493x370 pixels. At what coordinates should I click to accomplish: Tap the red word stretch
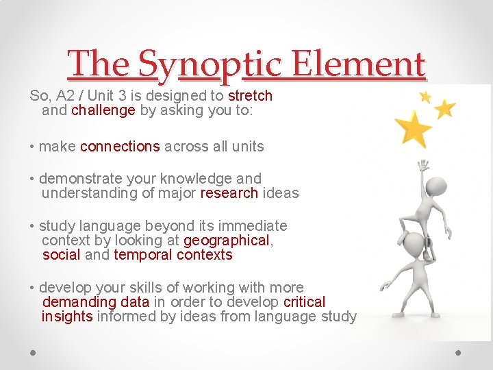pos(250,95)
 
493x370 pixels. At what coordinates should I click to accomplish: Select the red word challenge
pos(103,110)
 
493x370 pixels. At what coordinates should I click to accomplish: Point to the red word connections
pos(120,146)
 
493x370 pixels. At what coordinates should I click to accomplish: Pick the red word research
pos(229,193)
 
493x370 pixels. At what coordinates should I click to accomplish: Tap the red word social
pos(61,255)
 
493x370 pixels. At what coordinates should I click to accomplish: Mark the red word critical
pos(304,302)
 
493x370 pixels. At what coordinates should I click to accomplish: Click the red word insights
pos(67,317)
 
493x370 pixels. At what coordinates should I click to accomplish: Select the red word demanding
pos(79,302)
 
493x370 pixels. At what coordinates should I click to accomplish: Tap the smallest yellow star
pos(425,97)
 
